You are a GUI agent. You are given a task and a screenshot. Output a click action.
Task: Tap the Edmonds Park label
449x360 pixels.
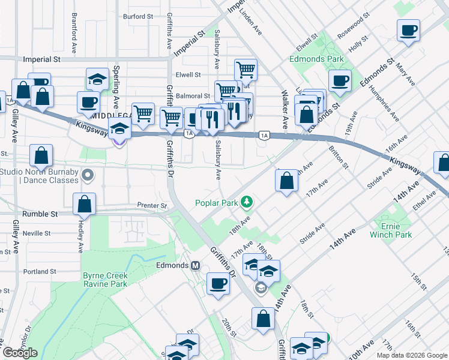pyautogui.click(x=316, y=59)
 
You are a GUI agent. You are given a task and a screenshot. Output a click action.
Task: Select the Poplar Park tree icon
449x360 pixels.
pyautogui.click(x=246, y=202)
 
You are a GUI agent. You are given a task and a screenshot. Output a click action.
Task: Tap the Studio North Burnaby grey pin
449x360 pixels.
pyautogui.click(x=88, y=176)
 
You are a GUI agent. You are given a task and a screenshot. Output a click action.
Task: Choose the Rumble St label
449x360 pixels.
pyautogui.click(x=40, y=214)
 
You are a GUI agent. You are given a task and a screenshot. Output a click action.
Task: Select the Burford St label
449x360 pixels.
pyautogui.click(x=138, y=17)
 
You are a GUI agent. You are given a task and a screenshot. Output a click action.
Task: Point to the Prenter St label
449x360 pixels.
pyautogui.click(x=152, y=206)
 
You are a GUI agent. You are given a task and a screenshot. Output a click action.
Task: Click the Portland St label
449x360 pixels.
pyautogui.click(x=40, y=271)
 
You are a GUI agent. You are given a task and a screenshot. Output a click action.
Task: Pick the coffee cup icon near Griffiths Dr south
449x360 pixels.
pyautogui.click(x=218, y=283)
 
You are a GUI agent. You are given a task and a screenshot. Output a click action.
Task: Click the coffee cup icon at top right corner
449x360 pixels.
pyautogui.click(x=408, y=30)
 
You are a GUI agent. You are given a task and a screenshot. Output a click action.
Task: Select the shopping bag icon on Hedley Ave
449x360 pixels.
pyautogui.click(x=85, y=203)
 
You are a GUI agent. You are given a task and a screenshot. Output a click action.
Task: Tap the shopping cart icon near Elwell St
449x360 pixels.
pyautogui.click(x=246, y=70)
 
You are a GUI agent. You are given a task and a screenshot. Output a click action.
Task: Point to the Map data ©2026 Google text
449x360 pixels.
pyautogui.click(x=411, y=355)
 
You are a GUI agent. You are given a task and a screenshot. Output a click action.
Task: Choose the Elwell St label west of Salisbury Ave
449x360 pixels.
pyautogui.click(x=188, y=75)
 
